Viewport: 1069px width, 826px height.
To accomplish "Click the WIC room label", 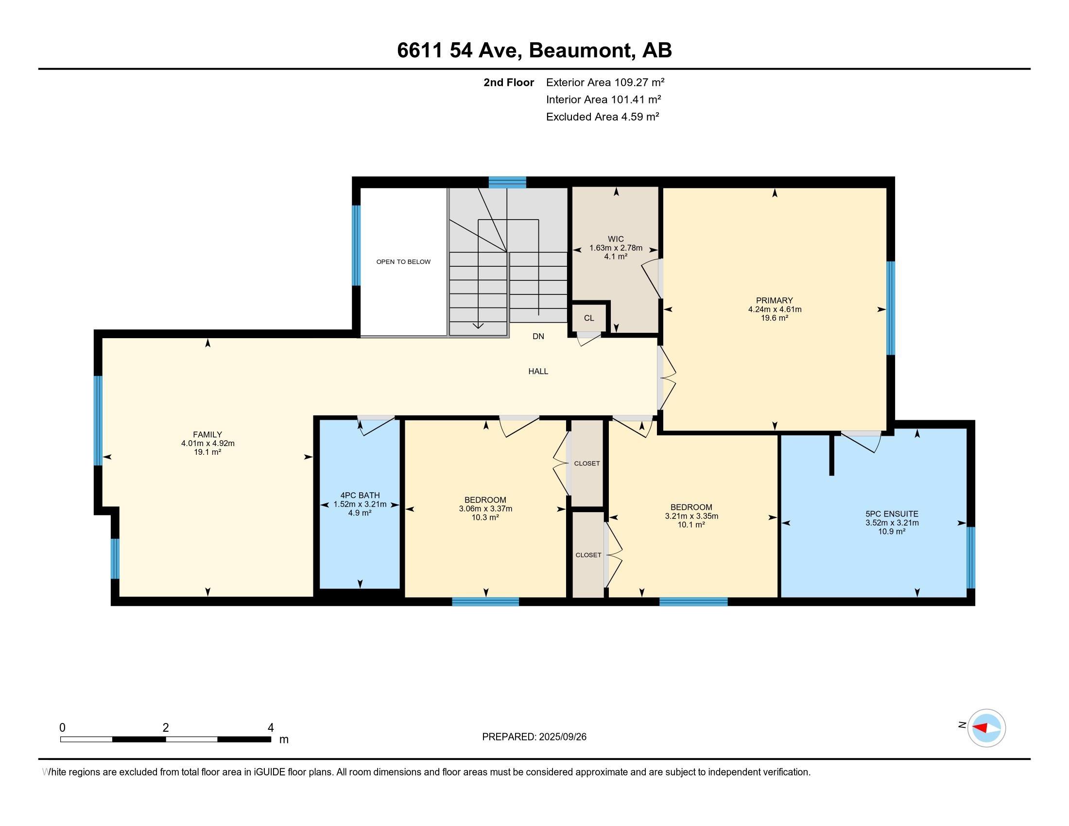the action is [x=616, y=239].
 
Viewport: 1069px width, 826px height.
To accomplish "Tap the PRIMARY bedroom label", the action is [x=775, y=300].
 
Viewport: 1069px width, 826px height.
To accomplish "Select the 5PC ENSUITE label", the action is [x=892, y=514].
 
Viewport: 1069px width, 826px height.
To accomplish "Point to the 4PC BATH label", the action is [x=360, y=495].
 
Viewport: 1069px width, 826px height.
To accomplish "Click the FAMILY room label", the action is [x=207, y=434].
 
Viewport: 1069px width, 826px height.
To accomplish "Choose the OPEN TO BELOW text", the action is [x=403, y=262].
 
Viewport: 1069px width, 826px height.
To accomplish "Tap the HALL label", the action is [x=538, y=371].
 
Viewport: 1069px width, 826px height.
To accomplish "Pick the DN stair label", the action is [x=538, y=336].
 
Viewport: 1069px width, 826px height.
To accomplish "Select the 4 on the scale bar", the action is [x=271, y=728].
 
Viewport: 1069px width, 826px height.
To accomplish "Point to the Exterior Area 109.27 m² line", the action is [x=605, y=82].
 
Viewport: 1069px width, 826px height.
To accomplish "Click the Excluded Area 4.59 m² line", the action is [x=603, y=117].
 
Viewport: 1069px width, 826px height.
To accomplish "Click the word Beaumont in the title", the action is [x=581, y=51].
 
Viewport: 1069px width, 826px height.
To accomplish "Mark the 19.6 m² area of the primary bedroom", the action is [x=775, y=318].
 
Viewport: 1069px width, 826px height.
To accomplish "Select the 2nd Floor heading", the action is [x=509, y=82].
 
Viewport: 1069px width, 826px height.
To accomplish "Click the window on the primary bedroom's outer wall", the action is [x=891, y=308].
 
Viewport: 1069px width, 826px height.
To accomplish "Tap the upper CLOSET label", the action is [x=587, y=464].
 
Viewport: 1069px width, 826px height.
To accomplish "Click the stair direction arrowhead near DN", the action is [x=478, y=326].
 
